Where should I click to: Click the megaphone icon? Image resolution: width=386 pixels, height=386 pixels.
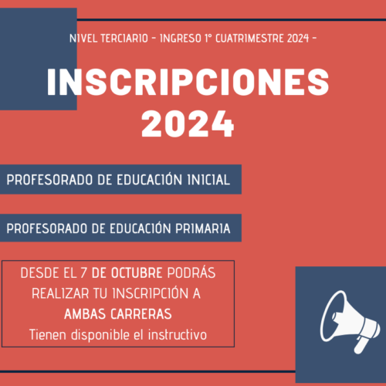[x=350, y=322]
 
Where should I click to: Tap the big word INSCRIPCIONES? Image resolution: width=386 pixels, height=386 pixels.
[x=188, y=83]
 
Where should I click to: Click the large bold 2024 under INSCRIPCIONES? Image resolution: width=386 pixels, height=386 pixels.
[x=188, y=124]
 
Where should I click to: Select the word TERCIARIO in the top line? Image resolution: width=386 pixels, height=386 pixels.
[x=124, y=39]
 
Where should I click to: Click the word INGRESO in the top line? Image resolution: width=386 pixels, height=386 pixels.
[x=181, y=39]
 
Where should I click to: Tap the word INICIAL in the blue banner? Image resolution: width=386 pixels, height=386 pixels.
[x=208, y=180]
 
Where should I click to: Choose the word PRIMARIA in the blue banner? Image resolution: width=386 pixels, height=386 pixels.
[x=203, y=229]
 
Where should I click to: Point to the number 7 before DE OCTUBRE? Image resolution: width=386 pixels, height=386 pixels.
[x=83, y=273]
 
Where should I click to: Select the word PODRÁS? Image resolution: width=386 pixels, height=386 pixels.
[x=191, y=273]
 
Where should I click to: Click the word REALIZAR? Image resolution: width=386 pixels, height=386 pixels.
[x=60, y=293]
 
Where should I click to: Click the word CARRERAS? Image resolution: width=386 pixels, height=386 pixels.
[x=141, y=314]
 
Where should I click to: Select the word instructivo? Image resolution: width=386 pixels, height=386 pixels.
[x=178, y=335]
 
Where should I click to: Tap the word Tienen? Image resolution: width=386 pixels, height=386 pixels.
[x=48, y=335]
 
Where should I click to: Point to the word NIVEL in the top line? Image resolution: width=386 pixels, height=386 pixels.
[x=83, y=39]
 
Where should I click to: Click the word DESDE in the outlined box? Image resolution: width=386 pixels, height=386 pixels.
[x=39, y=273]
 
